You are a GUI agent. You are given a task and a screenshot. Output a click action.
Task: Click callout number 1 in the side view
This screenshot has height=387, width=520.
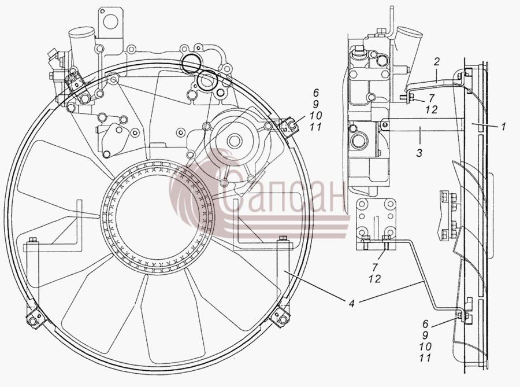tap(503, 127)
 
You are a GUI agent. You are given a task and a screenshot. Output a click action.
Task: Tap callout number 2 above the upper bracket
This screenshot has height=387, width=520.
tap(437, 62)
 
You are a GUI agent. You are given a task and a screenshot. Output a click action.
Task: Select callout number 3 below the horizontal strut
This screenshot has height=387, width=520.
tap(419, 153)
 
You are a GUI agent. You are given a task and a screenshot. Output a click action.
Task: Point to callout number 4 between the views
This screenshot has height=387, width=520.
tap(351, 303)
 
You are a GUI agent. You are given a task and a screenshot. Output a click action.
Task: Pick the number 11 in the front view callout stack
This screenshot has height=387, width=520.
tap(315, 127)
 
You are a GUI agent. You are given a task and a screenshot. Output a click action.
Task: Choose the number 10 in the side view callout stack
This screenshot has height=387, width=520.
tap(425, 347)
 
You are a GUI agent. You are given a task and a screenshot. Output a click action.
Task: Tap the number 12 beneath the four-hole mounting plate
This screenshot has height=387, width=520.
tap(374, 279)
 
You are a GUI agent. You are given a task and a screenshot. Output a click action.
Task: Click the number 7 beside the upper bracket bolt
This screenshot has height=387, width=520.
tap(431, 98)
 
